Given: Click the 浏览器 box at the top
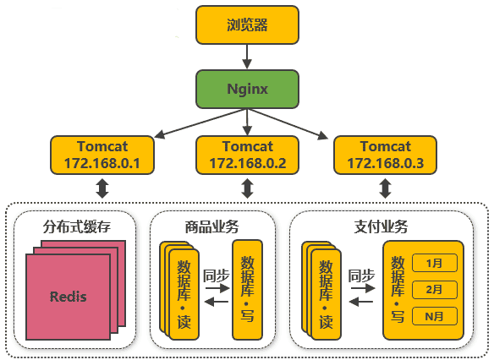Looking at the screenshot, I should click(x=247, y=25).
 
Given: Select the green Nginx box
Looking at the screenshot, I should click(x=247, y=89).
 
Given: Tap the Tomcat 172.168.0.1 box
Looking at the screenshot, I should click(x=102, y=155).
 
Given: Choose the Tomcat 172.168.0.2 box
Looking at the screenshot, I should click(x=247, y=155).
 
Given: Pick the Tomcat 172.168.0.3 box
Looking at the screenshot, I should click(x=385, y=155).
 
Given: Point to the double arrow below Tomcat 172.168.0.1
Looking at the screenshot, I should click(x=102, y=188).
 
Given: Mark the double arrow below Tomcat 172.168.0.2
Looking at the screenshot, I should click(x=247, y=188).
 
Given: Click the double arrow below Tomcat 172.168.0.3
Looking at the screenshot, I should click(x=385, y=188).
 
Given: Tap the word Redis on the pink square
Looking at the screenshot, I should click(x=68, y=297).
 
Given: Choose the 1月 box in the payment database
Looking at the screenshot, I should click(x=435, y=263).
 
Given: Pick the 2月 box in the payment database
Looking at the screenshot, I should click(x=435, y=289).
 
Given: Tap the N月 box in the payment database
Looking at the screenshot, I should click(x=435, y=316).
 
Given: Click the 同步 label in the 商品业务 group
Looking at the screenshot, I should click(x=217, y=274).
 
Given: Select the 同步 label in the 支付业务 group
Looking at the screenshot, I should click(x=362, y=274).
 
